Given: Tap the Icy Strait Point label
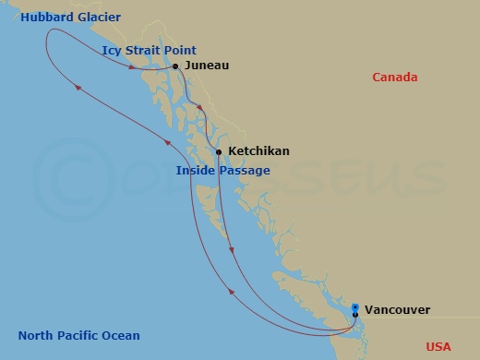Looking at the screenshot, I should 150,51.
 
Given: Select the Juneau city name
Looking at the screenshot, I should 207,66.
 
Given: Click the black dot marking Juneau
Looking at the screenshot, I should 175,66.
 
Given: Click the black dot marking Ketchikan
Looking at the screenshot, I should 219,151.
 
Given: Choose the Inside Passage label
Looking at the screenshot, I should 223,171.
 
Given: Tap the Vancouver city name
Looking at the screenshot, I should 397,311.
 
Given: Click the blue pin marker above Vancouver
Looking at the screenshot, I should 355,306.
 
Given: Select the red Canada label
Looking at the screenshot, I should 395,78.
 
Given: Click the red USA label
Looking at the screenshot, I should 439,346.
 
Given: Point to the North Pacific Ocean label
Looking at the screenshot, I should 79,335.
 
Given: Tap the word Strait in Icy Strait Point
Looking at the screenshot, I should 144,51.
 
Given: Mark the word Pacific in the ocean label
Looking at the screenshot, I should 78,335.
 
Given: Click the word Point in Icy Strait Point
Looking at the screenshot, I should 181,51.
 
